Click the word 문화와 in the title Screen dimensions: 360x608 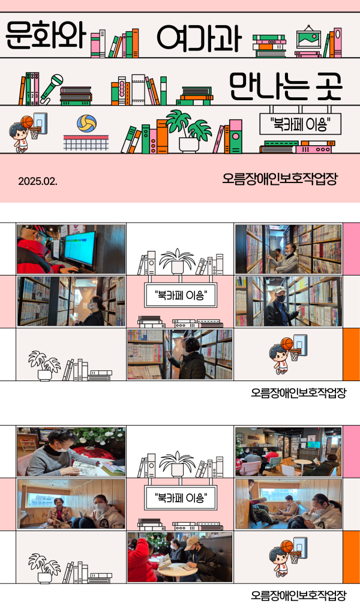[x=46, y=36]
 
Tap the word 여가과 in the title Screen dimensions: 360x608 [x=199, y=38]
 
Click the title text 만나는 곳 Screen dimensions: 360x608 [x=286, y=85]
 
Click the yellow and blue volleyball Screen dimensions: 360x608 [x=87, y=123]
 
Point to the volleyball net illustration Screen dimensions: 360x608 [x=86, y=142]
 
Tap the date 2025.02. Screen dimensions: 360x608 [x=38, y=181]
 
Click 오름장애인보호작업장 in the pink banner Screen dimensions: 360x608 [x=280, y=179]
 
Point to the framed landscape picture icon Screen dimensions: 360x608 [x=308, y=38]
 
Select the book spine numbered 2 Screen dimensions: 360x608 [x=32, y=89]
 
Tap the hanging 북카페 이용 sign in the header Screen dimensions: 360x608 [x=301, y=124]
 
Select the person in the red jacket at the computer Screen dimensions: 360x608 [x=39, y=250]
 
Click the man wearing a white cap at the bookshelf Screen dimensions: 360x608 [x=281, y=306]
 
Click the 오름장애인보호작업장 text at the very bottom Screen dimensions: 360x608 [x=298, y=595]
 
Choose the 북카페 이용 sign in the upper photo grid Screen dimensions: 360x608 [x=180, y=295]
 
